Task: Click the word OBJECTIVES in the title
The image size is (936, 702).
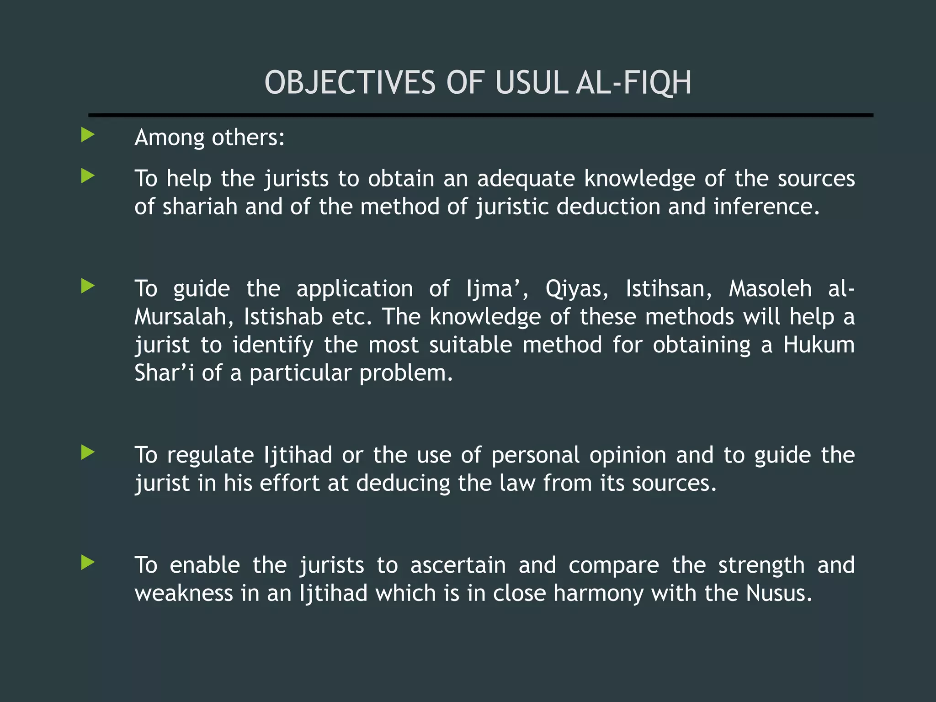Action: click(350, 83)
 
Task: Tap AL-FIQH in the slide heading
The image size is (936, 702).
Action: click(633, 83)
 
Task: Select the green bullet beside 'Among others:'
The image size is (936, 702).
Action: click(88, 135)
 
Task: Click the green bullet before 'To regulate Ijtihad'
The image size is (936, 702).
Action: click(88, 452)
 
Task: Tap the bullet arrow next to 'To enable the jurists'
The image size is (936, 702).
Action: click(88, 563)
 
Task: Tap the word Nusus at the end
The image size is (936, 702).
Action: click(779, 594)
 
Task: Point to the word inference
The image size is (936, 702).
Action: click(766, 207)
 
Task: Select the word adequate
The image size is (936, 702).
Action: click(526, 179)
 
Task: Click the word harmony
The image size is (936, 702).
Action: click(598, 594)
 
